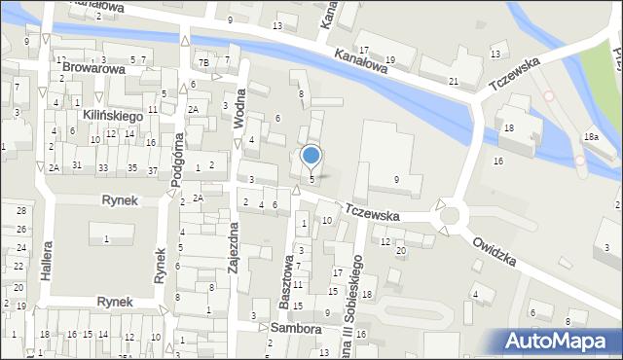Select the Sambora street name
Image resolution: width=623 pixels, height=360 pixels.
295,330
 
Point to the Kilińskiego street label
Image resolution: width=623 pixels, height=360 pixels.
112,116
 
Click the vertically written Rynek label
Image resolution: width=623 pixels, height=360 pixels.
160,265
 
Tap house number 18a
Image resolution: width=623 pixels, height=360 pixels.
591,138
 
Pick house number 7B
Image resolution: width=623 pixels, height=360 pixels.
204,63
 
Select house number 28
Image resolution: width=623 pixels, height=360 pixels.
20,211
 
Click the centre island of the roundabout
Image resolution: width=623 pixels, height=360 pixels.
455,216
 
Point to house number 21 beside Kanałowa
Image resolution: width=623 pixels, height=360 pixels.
454,81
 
